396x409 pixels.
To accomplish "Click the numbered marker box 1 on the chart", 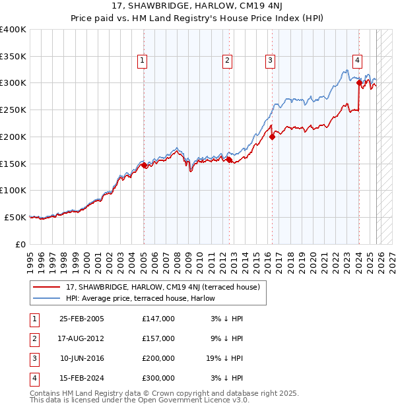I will click(x=143, y=61).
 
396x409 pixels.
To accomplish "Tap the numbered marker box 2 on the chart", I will click(x=227, y=61).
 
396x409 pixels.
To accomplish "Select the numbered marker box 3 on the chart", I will click(x=271, y=61).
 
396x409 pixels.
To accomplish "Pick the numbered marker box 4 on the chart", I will click(x=357, y=61).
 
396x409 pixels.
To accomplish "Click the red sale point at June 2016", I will click(x=272, y=137).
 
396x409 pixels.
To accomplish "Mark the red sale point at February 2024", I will click(x=359, y=83).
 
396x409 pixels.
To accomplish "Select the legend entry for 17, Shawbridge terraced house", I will click(x=163, y=287).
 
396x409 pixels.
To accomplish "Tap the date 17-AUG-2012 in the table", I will click(x=82, y=338).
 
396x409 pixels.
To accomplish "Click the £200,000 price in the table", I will click(x=158, y=358).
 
